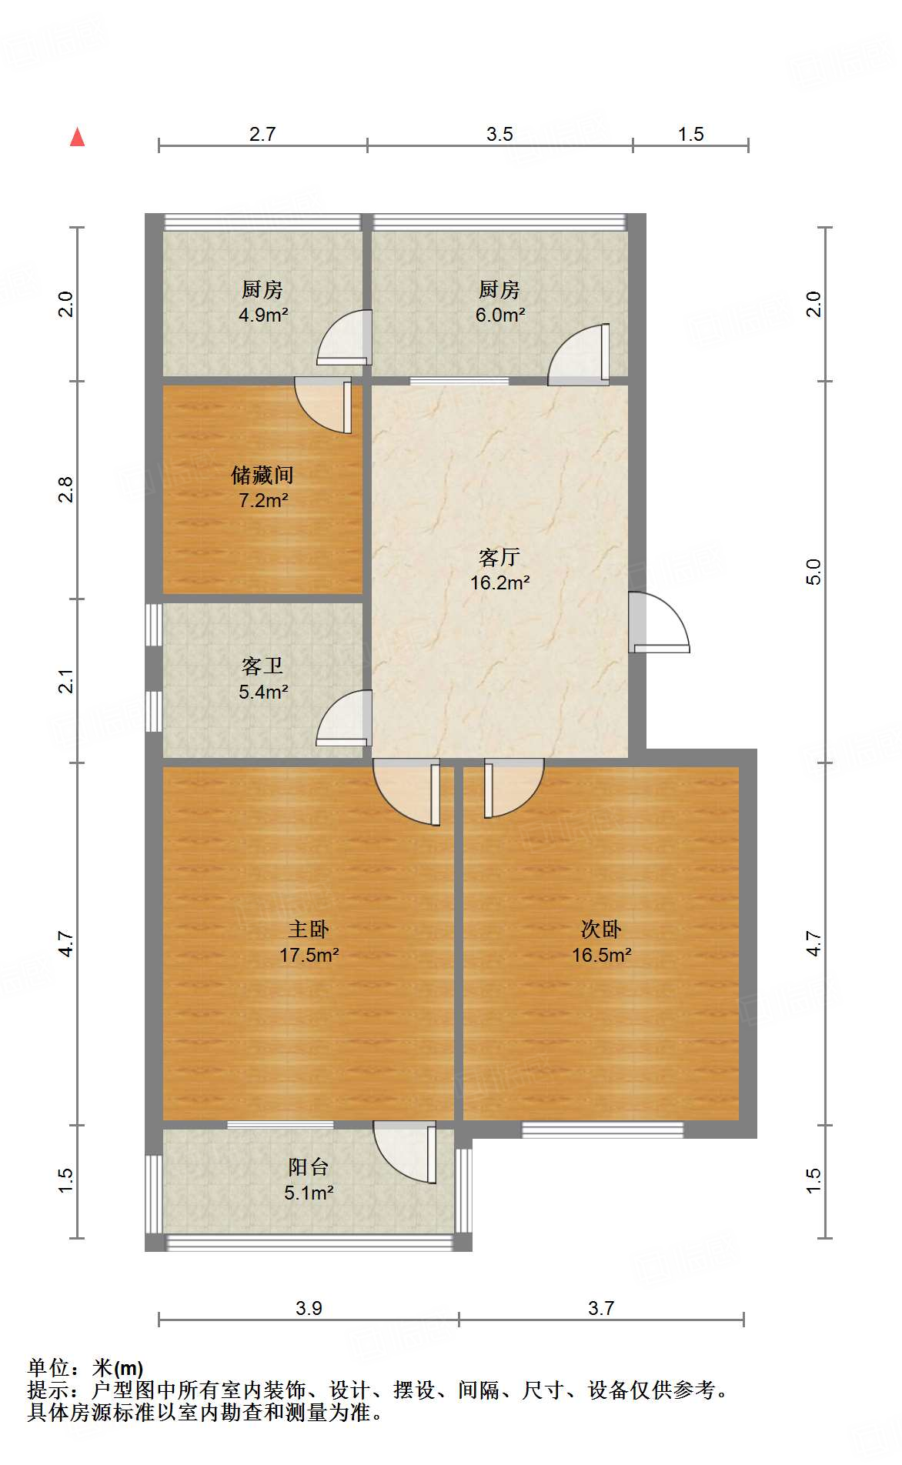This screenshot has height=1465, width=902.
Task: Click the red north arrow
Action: (77, 137)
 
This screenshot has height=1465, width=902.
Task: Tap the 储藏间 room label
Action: (262, 475)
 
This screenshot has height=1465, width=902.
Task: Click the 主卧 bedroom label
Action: (309, 929)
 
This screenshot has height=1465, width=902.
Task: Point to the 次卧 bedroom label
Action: (601, 929)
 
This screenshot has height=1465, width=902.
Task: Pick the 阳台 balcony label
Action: (309, 1166)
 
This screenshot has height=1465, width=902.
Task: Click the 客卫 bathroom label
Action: (262, 666)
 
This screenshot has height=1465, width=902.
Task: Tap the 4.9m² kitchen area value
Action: (263, 315)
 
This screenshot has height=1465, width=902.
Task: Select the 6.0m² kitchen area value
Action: (500, 315)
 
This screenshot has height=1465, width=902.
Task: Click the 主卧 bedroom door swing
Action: (406, 792)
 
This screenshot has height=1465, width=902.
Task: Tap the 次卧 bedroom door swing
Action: (514, 788)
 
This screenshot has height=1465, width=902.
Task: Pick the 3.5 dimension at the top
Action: (499, 134)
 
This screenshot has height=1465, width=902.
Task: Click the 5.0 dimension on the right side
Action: (813, 572)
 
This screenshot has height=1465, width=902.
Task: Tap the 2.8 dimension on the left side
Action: (66, 490)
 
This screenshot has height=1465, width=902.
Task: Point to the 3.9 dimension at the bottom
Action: (309, 1308)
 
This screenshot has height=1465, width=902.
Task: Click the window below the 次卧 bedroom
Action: (603, 1130)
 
